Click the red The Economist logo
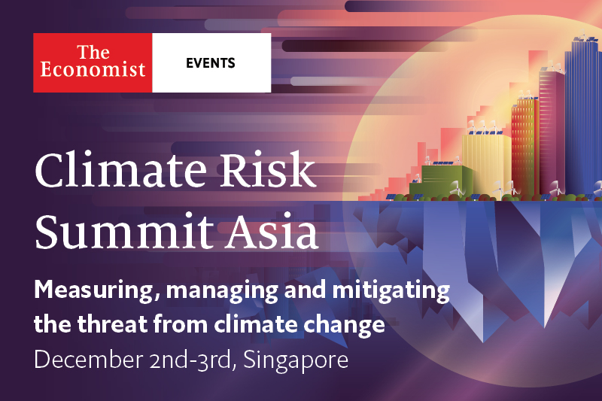tap(93, 62)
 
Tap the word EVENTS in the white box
tap(211, 63)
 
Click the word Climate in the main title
tap(121, 169)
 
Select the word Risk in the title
tap(268, 169)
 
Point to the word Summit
tap(124, 231)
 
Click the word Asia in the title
tap(272, 231)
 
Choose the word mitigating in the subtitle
tap(391, 290)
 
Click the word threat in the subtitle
tap(112, 324)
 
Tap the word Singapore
tap(296, 361)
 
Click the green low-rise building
tap(442, 181)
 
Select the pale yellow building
tap(487, 163)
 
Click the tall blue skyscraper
tap(582, 115)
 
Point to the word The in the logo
tap(93, 52)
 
